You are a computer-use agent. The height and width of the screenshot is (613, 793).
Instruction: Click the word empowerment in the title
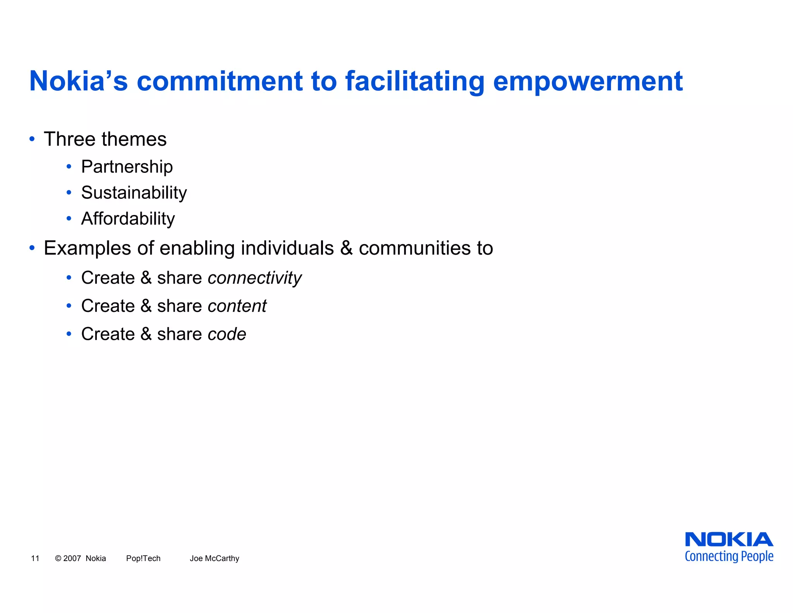(x=588, y=81)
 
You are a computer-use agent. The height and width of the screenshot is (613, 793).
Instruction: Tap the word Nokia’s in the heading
(x=79, y=81)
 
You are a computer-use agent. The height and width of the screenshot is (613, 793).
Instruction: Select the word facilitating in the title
(x=415, y=81)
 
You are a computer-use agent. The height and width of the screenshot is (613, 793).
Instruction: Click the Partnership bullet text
(x=127, y=167)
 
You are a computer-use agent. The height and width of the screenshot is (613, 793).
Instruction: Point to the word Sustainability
(x=134, y=193)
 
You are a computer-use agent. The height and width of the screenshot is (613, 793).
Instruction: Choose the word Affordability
(x=128, y=219)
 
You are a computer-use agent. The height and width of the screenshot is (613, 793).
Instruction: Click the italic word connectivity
(x=254, y=278)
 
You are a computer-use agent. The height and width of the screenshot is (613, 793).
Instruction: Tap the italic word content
(x=237, y=306)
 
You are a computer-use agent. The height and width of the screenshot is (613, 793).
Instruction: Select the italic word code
(x=227, y=334)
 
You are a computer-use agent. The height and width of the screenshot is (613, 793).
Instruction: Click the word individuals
(x=287, y=248)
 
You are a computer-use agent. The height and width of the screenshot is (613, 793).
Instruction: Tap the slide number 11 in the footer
(x=35, y=558)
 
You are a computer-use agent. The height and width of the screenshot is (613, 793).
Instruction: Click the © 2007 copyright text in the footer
(x=68, y=558)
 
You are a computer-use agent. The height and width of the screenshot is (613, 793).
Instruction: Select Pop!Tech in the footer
(x=143, y=558)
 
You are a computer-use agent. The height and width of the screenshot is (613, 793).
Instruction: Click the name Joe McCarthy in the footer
(x=215, y=558)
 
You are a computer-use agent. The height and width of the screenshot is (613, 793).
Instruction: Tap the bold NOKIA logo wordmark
(x=729, y=540)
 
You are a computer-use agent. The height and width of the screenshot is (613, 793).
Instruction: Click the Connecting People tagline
(x=729, y=556)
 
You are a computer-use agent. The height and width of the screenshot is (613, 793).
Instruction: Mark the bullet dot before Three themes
(x=32, y=139)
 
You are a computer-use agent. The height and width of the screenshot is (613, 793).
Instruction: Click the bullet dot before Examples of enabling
(x=32, y=248)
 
